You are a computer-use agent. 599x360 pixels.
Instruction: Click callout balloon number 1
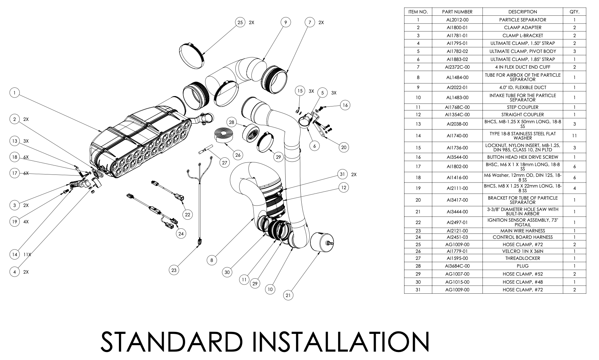(x=14, y=92)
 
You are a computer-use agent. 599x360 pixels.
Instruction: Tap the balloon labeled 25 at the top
(x=240, y=22)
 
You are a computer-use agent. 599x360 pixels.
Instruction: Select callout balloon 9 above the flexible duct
(x=285, y=22)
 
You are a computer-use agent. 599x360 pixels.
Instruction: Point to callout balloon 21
(x=288, y=295)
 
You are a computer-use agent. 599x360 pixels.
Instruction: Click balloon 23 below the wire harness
(x=174, y=270)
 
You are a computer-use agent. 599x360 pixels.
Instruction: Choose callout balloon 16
(x=345, y=105)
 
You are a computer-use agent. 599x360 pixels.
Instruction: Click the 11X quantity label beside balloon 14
(x=27, y=255)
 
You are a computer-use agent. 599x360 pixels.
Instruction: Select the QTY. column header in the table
(x=574, y=12)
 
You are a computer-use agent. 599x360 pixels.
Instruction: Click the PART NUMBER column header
(x=457, y=12)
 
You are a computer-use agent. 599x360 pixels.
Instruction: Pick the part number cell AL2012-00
(x=457, y=20)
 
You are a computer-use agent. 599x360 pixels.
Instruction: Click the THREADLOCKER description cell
(x=522, y=258)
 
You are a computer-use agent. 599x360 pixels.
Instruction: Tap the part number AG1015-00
(x=457, y=282)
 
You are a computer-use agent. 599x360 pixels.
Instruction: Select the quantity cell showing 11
(x=574, y=136)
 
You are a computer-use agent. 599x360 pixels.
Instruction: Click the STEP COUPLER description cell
(x=522, y=107)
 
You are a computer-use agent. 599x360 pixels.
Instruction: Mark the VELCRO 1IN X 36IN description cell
(x=522, y=251)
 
